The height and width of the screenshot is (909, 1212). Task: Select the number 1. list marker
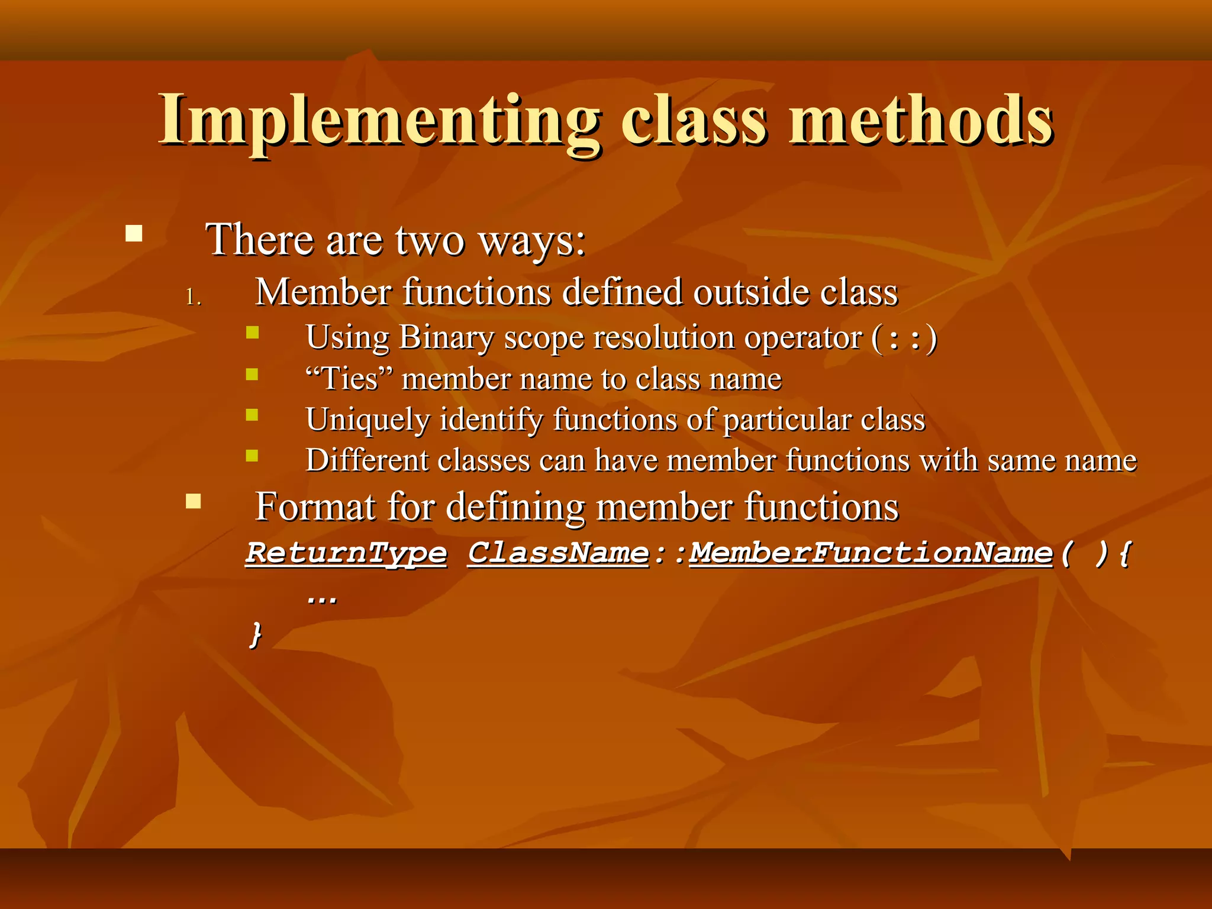[194, 296]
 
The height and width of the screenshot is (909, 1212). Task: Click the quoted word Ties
[349, 379]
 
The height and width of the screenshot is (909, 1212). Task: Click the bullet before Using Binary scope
[253, 333]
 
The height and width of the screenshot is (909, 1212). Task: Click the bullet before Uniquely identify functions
[253, 415]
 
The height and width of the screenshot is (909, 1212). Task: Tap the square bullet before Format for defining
[194, 502]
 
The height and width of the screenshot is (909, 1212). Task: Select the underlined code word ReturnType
[347, 553]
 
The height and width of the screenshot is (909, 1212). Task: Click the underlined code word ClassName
[559, 553]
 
